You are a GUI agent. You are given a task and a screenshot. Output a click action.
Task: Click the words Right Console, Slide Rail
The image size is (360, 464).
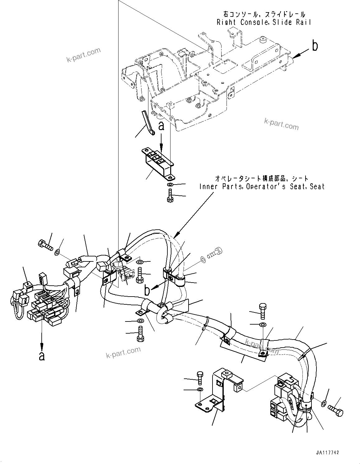[x=263, y=22]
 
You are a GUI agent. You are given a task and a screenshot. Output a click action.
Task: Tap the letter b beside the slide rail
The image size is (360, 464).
[x=315, y=46]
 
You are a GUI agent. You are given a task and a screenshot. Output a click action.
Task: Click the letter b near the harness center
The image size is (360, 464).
[x=147, y=291]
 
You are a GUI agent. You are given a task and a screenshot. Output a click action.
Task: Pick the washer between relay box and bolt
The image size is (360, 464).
[x=170, y=185]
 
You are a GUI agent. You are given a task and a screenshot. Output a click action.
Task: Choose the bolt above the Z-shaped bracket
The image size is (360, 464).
[x=200, y=378]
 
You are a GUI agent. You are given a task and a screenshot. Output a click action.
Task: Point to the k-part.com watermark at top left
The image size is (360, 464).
[x=83, y=55]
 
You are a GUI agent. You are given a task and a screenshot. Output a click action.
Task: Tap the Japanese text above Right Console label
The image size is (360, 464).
[x=263, y=14]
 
